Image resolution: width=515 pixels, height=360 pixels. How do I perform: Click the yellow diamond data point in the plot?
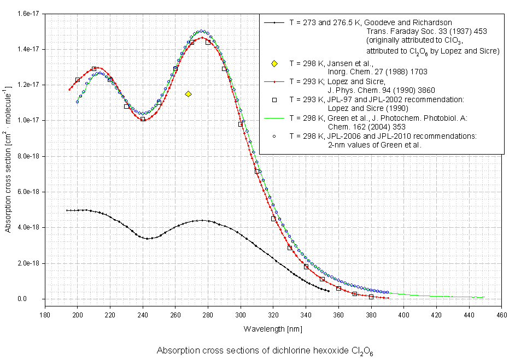[188, 94]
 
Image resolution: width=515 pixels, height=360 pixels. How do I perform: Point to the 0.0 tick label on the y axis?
[36, 299]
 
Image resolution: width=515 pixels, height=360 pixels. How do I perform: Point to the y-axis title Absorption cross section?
[9, 158]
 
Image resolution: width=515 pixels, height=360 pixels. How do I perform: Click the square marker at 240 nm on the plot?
[143, 119]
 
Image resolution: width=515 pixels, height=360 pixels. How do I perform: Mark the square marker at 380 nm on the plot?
[371, 297]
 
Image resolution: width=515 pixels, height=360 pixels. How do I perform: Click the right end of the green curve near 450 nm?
[484, 297]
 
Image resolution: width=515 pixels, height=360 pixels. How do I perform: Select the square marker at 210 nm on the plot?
[94, 69]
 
